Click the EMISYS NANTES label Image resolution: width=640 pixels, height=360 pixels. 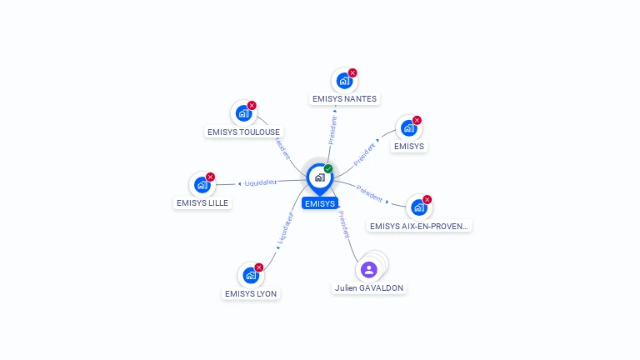click(344, 98)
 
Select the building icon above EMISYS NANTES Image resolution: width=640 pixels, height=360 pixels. click(342, 81)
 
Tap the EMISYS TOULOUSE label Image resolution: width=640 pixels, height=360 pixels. click(243, 132)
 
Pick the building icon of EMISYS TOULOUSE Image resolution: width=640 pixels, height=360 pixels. click(242, 112)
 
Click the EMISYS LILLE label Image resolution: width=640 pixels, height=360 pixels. click(202, 202)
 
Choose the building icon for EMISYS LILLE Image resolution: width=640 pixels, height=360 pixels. click(201, 184)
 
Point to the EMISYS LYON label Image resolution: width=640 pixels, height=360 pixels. click(251, 293)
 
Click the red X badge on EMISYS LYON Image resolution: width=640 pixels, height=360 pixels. click(259, 267)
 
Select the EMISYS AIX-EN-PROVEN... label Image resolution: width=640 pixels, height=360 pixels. click(420, 226)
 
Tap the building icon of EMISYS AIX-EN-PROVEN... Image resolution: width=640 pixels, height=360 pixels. click(417, 207)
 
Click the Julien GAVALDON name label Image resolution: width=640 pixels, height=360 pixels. click(369, 287)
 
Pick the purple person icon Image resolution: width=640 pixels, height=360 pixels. click(369, 269)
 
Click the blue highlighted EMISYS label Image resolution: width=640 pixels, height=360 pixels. click(320, 203)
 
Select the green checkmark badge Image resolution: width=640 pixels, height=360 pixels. click(328, 168)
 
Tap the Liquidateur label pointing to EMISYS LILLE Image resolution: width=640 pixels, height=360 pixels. click(261, 182)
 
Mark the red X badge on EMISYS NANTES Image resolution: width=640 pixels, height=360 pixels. click(352, 73)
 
